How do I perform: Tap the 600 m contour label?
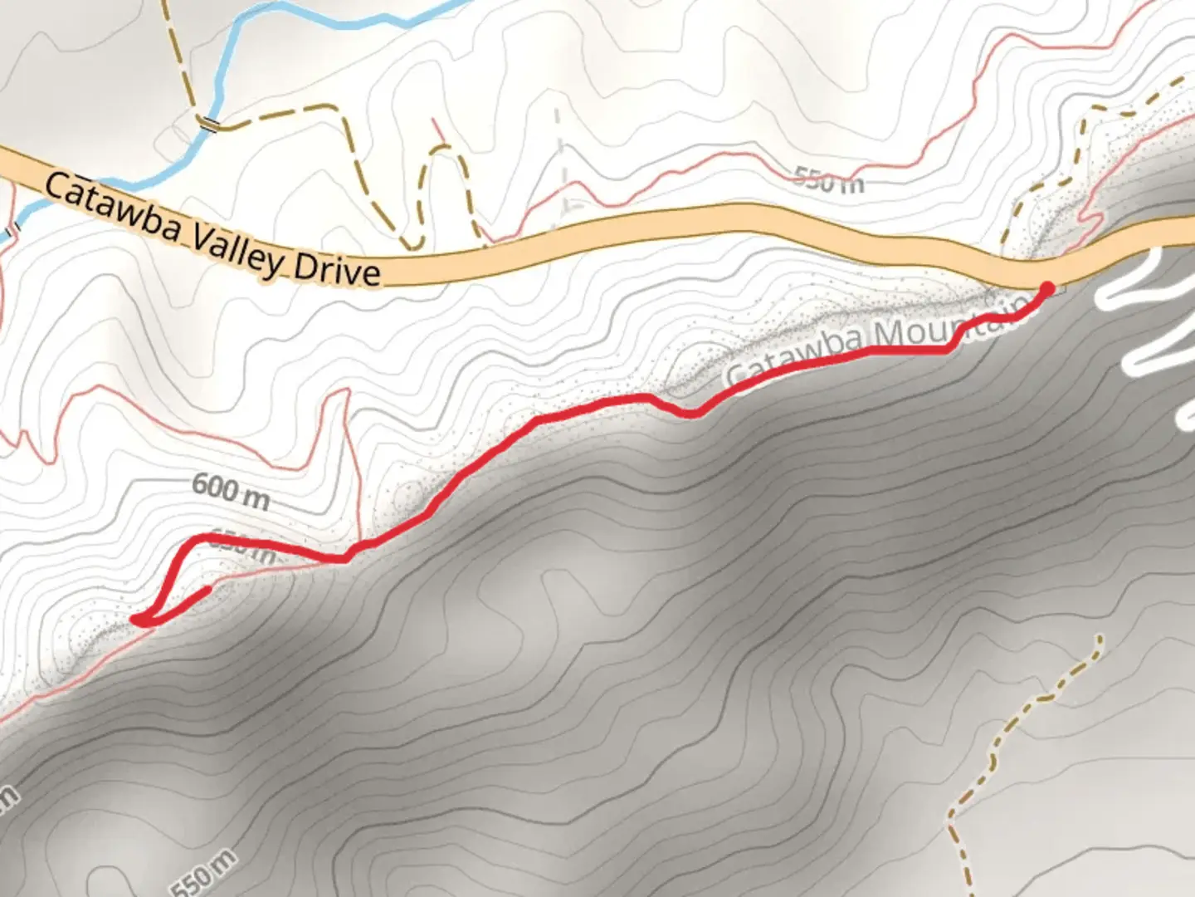pos(230,491)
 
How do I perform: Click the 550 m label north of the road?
pos(828,179)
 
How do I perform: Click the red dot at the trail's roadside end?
pos(1047,288)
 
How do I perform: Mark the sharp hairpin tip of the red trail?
pos(139,619)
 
